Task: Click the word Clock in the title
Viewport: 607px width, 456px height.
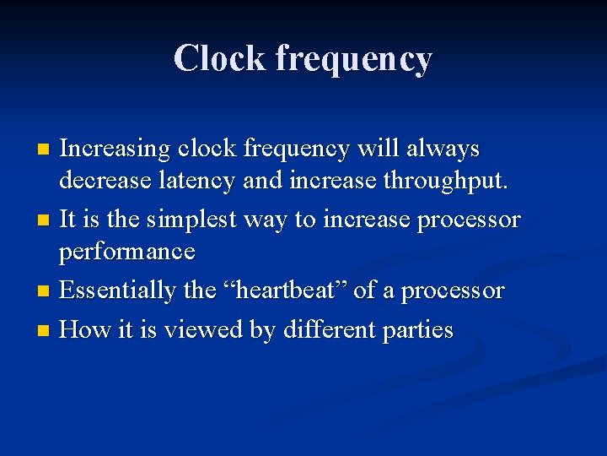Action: (x=219, y=58)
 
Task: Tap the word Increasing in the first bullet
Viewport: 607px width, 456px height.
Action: (x=115, y=149)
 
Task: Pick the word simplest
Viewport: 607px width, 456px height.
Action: (x=192, y=221)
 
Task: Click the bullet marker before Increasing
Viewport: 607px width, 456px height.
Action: (x=45, y=150)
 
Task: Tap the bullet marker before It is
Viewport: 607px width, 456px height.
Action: (x=45, y=222)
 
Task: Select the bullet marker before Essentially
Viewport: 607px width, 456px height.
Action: (x=45, y=293)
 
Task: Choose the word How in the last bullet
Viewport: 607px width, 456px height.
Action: (x=82, y=329)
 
